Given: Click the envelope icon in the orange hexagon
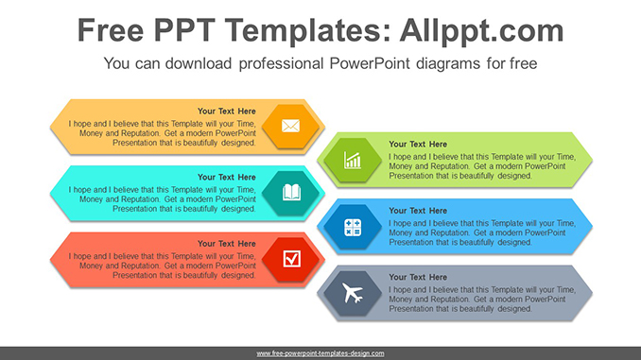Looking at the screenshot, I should (x=290, y=126).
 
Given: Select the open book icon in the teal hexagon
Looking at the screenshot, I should (x=291, y=193).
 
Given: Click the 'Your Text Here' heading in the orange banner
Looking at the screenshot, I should (x=226, y=111).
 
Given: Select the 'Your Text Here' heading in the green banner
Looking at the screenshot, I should (x=418, y=145).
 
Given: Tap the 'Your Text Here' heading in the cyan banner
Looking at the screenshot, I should (x=226, y=177).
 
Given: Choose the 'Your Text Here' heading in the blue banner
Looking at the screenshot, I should (x=418, y=211).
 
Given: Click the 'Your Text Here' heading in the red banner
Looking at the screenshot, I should (x=226, y=244).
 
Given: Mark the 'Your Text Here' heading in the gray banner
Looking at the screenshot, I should (x=418, y=277).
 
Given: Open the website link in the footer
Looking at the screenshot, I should (x=320, y=353).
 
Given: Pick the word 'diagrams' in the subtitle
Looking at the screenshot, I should (x=459, y=64).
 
